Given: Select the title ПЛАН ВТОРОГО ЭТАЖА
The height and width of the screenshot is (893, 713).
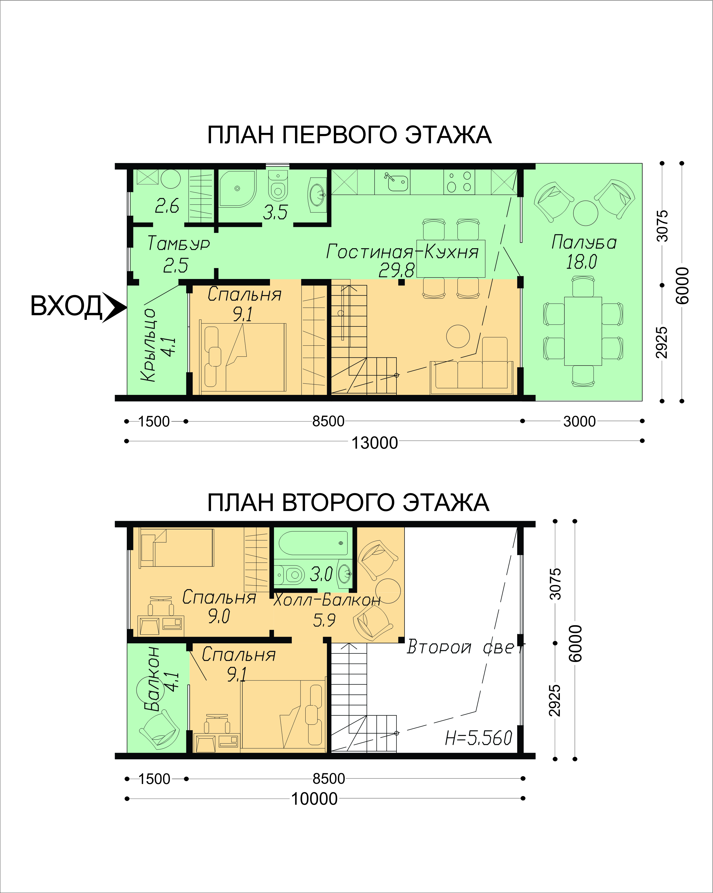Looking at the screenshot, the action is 348,503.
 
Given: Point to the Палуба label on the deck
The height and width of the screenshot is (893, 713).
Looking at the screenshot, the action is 584,242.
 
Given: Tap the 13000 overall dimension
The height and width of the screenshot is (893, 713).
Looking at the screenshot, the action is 374,443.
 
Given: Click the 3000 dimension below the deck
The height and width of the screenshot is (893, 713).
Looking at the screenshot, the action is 579,422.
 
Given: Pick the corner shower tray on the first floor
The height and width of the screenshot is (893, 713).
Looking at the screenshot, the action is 237,188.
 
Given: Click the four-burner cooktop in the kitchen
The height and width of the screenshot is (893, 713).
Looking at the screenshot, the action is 459,181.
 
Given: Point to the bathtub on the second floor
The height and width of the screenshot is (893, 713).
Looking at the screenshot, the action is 313,543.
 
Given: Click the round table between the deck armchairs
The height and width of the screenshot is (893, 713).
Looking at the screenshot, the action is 585,213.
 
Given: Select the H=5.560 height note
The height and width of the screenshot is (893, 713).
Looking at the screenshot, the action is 479,738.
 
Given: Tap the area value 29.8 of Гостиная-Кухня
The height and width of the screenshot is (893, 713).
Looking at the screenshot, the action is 396,270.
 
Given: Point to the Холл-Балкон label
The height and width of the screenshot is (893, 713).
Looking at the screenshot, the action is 327,599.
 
